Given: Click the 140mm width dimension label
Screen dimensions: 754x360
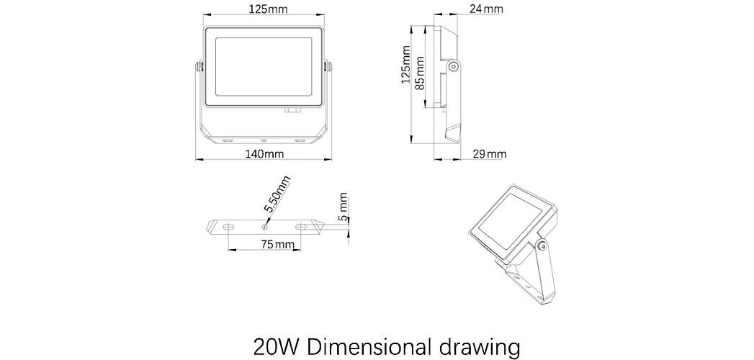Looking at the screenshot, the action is point(264,154).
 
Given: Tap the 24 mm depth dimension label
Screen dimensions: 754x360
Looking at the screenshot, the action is point(487,9).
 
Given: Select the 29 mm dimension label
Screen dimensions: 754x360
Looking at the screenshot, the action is point(490,154).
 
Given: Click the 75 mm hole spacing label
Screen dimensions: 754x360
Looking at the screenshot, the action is point(277,243).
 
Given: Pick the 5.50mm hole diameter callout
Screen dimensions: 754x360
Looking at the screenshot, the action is point(277,194).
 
